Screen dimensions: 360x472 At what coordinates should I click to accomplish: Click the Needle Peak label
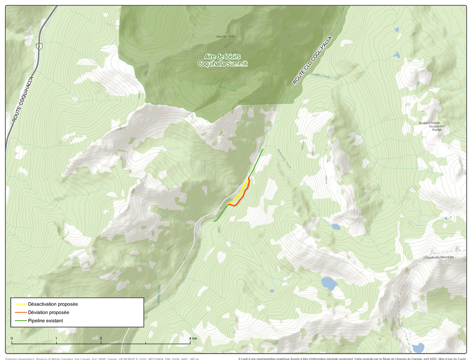(x=225, y=37)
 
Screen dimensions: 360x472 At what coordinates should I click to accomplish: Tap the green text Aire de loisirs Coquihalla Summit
(x=223, y=60)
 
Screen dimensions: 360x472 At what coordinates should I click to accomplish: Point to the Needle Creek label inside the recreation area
(x=227, y=89)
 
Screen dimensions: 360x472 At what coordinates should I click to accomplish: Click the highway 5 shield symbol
(x=39, y=46)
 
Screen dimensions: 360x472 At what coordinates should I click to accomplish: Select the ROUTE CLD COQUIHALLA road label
(x=313, y=60)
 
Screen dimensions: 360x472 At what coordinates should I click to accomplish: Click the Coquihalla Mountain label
(x=439, y=257)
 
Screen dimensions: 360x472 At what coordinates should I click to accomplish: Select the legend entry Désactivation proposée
(x=53, y=304)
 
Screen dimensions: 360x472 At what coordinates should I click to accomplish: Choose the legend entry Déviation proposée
(x=48, y=312)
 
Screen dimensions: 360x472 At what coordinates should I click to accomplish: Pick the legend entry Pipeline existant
(x=45, y=321)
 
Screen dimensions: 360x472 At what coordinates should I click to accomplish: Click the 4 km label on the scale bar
(x=192, y=338)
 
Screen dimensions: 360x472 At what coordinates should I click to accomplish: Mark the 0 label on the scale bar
(x=12, y=338)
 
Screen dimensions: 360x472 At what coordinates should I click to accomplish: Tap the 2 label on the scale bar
(x=101, y=338)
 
